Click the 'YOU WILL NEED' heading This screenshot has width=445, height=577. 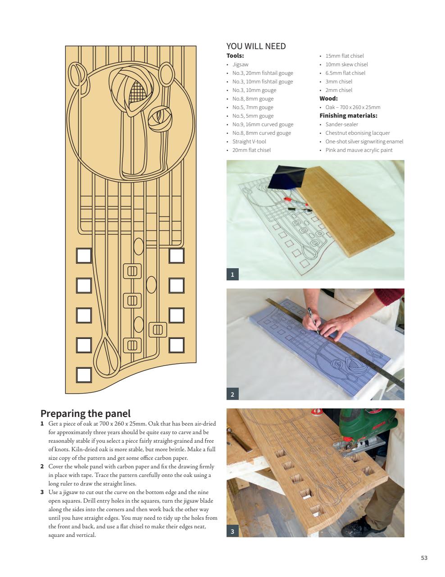pos(256,46)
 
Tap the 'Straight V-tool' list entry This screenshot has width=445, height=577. pos(249,142)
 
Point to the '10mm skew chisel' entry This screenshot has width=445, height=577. pos(346,64)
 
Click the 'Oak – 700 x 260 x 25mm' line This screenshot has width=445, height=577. pos(353,107)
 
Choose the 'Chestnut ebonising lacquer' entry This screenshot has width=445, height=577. pos(358,133)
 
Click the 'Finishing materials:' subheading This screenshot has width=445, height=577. pos(348,116)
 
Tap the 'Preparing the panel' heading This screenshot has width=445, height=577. pos(86,413)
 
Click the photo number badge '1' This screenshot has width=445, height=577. pos(232,274)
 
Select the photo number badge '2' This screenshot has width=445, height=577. pos(232,394)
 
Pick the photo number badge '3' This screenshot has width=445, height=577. pos(232,531)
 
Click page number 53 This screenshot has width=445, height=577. pos(424,558)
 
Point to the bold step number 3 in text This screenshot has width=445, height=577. pos(42,492)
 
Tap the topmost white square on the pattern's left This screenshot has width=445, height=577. pos(84,256)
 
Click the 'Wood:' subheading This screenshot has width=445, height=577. pos(328,99)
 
